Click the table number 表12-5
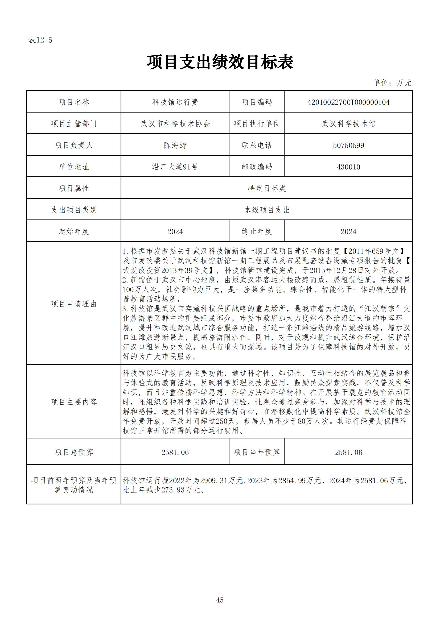point(40,40)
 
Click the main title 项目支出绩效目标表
point(220,62)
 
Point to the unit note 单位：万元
point(392,83)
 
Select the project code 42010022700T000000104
point(348,102)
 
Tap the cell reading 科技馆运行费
point(175,102)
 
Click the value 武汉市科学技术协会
point(175,124)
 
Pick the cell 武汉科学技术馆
point(348,124)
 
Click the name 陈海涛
point(175,145)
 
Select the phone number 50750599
point(348,145)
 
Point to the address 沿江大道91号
point(175,167)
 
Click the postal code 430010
point(348,167)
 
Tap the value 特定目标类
point(267,188)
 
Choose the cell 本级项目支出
point(267,210)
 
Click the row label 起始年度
point(74,231)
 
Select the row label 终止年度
point(256,231)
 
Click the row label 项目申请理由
point(74,304)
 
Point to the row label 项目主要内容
point(74,402)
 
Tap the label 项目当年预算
point(256,452)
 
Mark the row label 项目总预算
point(74,452)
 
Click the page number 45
point(220,600)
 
